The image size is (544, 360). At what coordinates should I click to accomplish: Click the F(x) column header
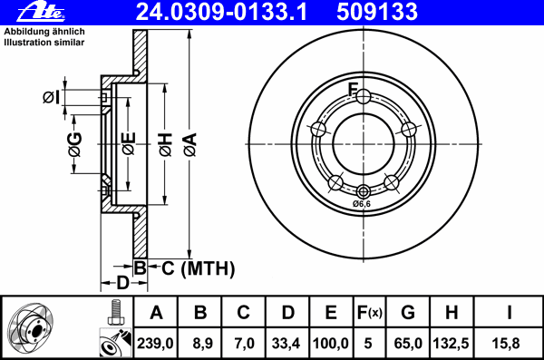coord(369,313)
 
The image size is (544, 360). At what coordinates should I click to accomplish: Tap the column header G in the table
coord(407,313)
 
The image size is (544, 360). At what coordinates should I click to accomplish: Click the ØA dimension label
coord(189,144)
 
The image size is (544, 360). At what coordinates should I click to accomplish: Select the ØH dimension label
coord(165,144)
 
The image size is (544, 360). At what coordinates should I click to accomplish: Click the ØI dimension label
coord(51,97)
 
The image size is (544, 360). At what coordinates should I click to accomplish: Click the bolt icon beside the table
coord(115,312)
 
